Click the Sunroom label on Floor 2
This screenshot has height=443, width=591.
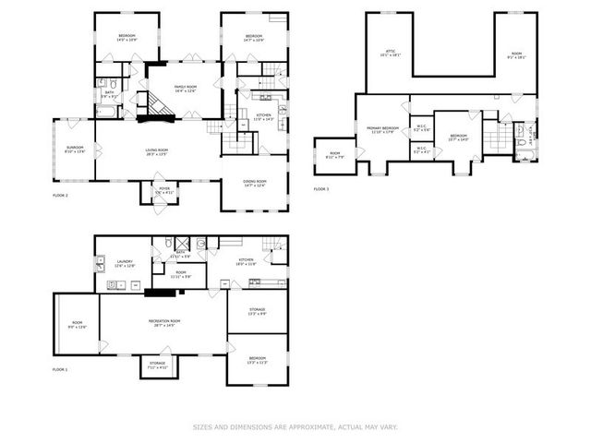[x=75, y=150]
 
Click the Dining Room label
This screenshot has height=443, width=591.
[x=255, y=183]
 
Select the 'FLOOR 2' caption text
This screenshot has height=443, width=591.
[x=62, y=196]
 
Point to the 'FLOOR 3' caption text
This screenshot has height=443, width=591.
[x=320, y=189]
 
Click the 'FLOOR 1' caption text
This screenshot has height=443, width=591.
[x=61, y=369]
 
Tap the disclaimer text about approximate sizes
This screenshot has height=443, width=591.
[x=295, y=426]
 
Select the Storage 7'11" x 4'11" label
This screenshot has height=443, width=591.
[x=157, y=365]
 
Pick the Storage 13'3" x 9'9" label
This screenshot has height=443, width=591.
[x=257, y=311]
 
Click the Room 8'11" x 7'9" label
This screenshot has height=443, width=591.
[x=334, y=154]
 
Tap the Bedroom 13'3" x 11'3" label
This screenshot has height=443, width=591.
[x=257, y=359]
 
